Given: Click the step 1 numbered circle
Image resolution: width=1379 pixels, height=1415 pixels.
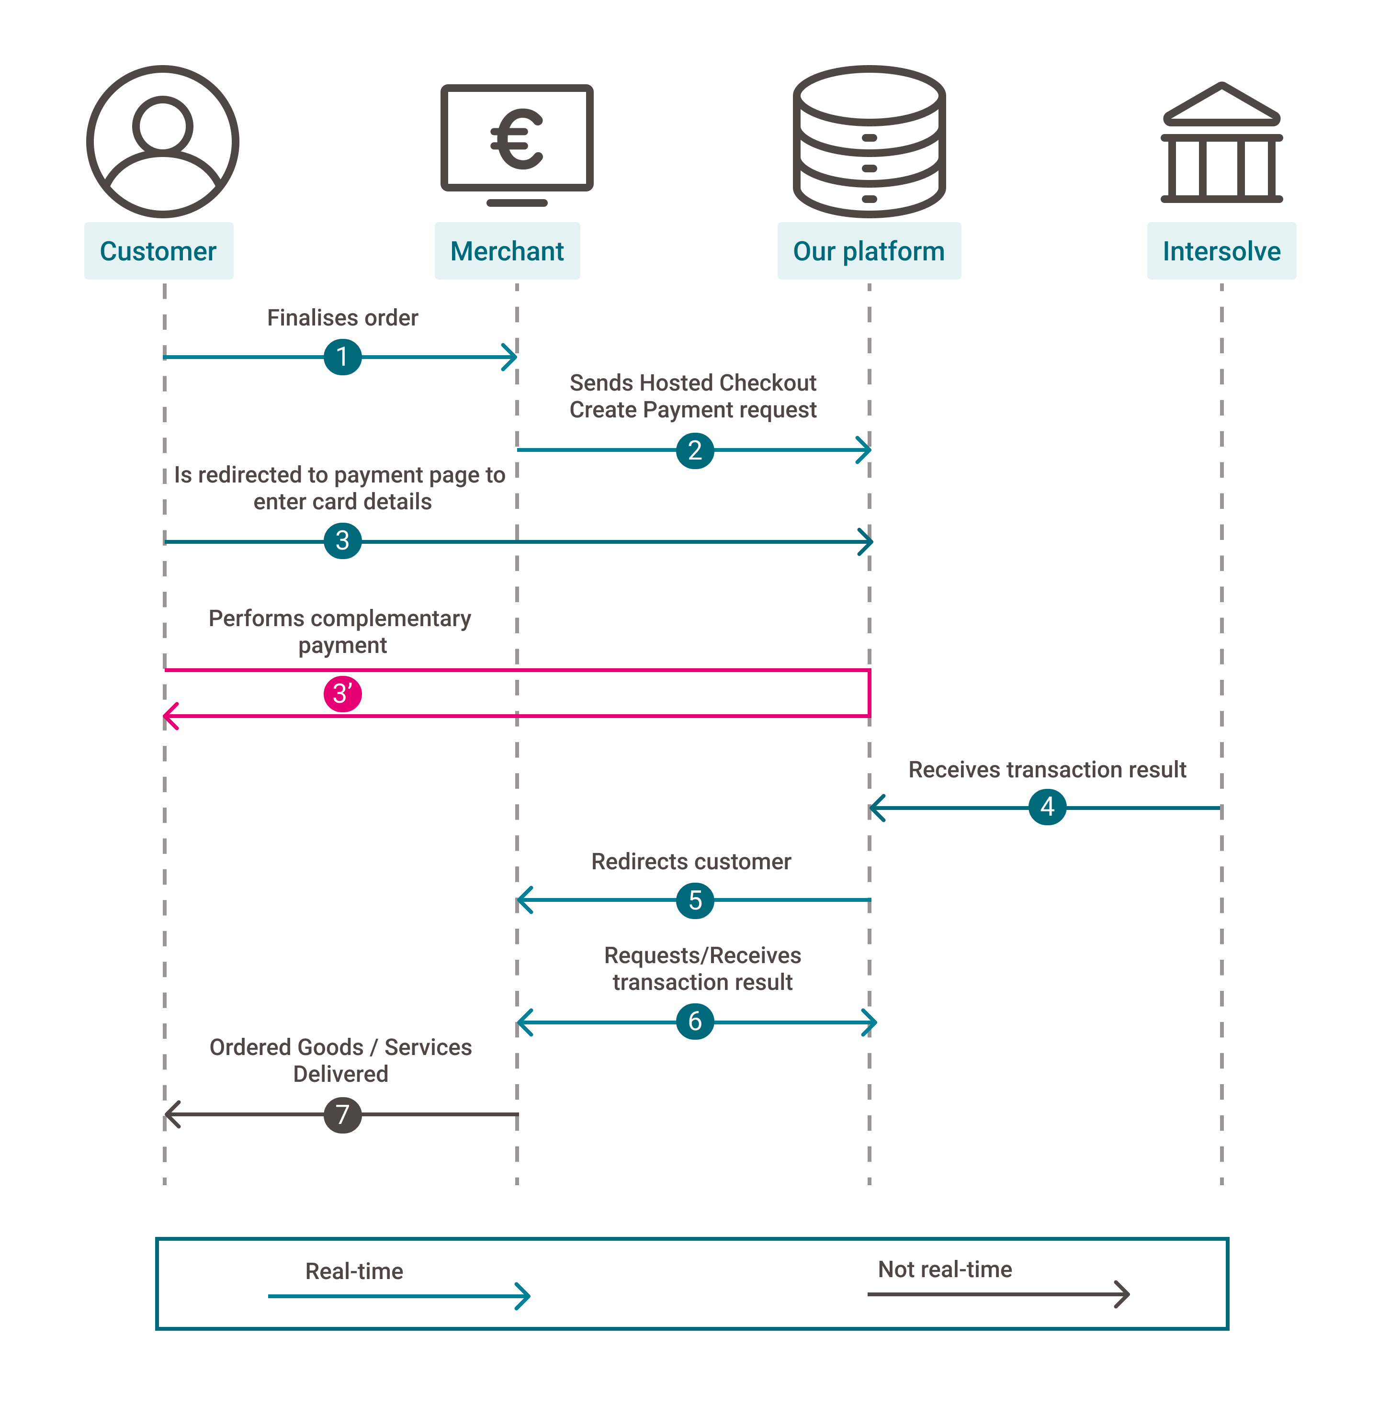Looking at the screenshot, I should [x=342, y=357].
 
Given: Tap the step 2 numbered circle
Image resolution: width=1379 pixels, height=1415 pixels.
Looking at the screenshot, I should [x=695, y=450].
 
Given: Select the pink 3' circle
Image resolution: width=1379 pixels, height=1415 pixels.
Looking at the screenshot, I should [x=342, y=694].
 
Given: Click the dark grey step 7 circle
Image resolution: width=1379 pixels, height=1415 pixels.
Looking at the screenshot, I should [x=342, y=1114].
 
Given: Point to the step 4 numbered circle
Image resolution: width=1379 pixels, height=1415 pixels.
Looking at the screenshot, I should [x=1047, y=807].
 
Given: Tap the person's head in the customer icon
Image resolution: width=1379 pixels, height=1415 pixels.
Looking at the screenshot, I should [x=163, y=126].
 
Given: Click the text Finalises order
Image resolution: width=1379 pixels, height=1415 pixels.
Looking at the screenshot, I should [x=342, y=318].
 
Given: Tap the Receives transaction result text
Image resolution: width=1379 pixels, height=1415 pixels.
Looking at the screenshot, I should [x=1047, y=770].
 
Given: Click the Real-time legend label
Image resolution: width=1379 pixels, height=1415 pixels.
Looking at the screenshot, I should [x=354, y=1271].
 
